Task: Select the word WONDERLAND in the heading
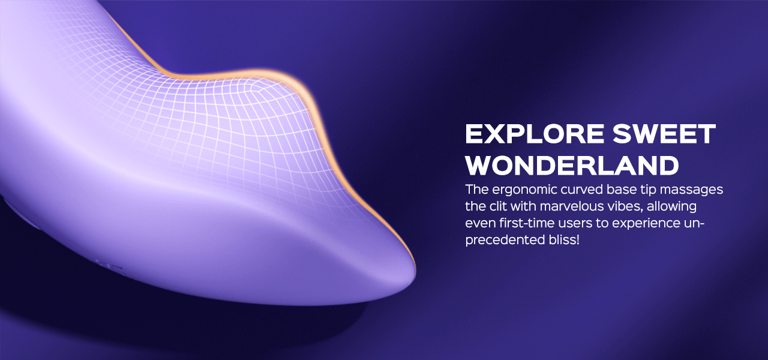point(572,165)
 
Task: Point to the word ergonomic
point(523,190)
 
